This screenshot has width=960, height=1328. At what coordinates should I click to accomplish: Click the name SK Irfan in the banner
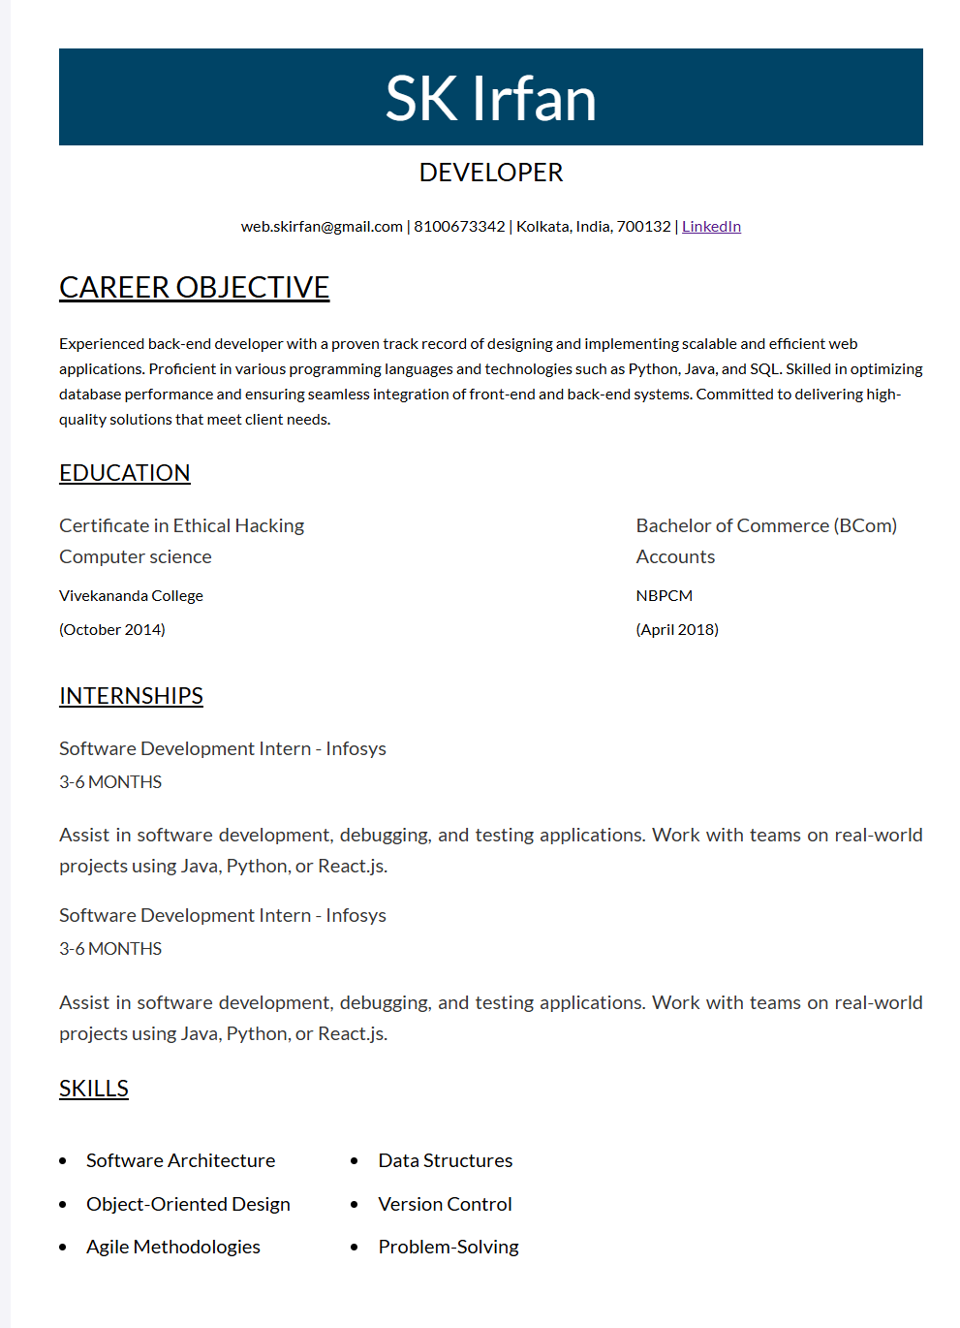pyautogui.click(x=490, y=99)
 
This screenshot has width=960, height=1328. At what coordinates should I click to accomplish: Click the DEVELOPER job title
pyautogui.click(x=490, y=173)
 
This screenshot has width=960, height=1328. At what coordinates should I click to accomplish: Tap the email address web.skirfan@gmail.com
pyautogui.click(x=322, y=227)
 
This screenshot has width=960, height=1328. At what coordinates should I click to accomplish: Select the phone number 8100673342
pyautogui.click(x=459, y=227)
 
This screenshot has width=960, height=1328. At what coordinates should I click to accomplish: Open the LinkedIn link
pyautogui.click(x=711, y=227)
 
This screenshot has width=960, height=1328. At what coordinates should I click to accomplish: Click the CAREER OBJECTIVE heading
pyautogui.click(x=194, y=288)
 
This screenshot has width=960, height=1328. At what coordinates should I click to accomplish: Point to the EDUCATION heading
pyautogui.click(x=124, y=473)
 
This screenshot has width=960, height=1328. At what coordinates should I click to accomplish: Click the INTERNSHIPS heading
pyautogui.click(x=131, y=696)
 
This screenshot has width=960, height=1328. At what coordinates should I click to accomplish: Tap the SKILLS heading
pyautogui.click(x=93, y=1089)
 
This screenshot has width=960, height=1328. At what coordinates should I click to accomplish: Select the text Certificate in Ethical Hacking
pyautogui.click(x=181, y=525)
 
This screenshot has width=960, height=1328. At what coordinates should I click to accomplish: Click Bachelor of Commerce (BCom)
pyautogui.click(x=766, y=525)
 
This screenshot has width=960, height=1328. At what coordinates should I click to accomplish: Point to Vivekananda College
pyautogui.click(x=131, y=596)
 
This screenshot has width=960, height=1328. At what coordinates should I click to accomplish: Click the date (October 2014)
pyautogui.click(x=112, y=630)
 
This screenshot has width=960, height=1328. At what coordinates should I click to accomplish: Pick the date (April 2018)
pyautogui.click(x=677, y=630)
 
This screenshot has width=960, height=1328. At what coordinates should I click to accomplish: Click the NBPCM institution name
pyautogui.click(x=665, y=596)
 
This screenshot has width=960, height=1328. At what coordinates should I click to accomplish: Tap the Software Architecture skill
pyautogui.click(x=180, y=1160)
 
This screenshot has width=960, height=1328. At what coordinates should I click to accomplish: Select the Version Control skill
pyautogui.click(x=445, y=1204)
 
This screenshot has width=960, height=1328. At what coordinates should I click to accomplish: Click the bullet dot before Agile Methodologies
pyautogui.click(x=63, y=1248)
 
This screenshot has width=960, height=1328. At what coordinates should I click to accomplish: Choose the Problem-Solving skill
pyautogui.click(x=449, y=1247)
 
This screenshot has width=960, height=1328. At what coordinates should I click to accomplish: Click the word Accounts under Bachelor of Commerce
pyautogui.click(x=675, y=556)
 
